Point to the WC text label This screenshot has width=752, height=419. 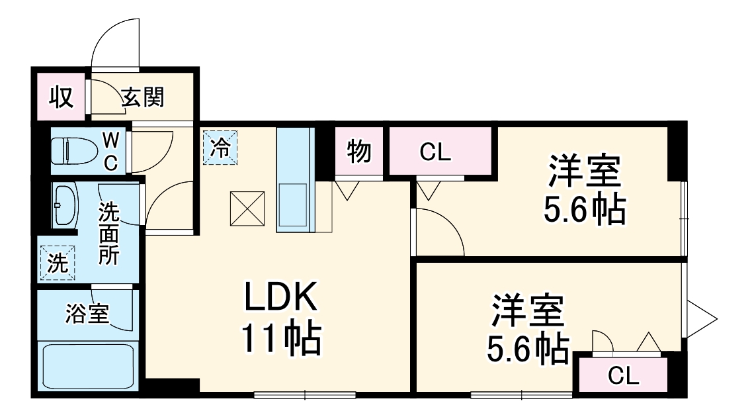[x=111, y=152]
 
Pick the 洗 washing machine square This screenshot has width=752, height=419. [x=58, y=263]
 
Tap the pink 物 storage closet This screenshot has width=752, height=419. [x=358, y=152]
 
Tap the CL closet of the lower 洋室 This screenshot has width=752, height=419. [x=623, y=376]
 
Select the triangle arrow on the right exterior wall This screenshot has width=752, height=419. [x=702, y=318]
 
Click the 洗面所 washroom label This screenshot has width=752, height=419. [x=109, y=234]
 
